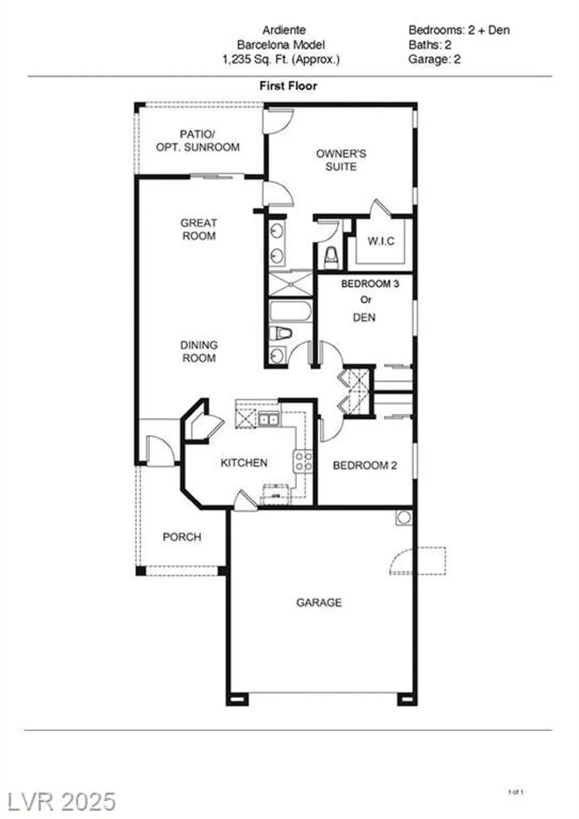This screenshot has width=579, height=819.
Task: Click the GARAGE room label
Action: pyautogui.click(x=319, y=603)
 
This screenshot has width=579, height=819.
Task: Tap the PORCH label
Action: pyautogui.click(x=182, y=537)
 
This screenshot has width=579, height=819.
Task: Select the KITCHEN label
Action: pyautogui.click(x=244, y=463)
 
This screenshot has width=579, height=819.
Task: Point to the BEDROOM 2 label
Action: pyautogui.click(x=365, y=466)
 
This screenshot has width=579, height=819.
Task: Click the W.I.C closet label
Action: pyautogui.click(x=381, y=241)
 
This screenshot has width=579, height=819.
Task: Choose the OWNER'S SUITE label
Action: pyautogui.click(x=341, y=160)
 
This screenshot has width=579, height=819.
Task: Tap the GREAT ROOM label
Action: pyautogui.click(x=199, y=229)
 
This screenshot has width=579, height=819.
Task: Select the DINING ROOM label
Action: pyautogui.click(x=199, y=352)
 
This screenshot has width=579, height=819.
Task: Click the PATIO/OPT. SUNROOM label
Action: pyautogui.click(x=198, y=140)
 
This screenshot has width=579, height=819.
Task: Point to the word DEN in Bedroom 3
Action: pyautogui.click(x=365, y=317)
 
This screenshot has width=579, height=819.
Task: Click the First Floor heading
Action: pyautogui.click(x=288, y=86)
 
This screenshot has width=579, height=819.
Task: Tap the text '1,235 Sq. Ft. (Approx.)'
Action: pyautogui.click(x=280, y=60)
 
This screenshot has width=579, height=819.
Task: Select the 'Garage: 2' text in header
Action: pyautogui.click(x=434, y=60)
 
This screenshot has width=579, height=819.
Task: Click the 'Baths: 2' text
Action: pyautogui.click(x=429, y=45)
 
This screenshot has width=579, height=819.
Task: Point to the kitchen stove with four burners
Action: pyautogui.click(x=303, y=461)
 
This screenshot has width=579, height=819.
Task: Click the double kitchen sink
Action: pyautogui.click(x=267, y=419)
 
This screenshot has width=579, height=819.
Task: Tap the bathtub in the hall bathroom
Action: pyautogui.click(x=290, y=312)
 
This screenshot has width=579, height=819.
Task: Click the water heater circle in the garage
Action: pyautogui.click(x=404, y=517)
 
